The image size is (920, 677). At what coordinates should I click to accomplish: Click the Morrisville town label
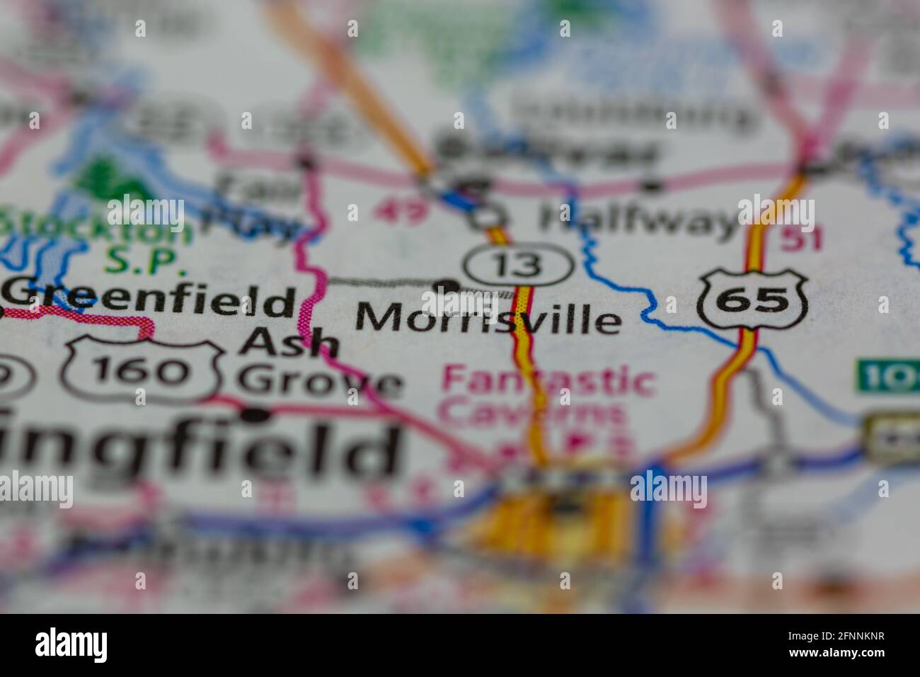488,319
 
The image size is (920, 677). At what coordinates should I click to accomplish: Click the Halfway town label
637,220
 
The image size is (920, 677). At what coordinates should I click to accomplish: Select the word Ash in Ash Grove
289,344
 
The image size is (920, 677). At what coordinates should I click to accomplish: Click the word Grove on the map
320,382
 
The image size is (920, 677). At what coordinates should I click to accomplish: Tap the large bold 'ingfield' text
198,448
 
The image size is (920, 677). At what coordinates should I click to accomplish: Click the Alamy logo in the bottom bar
71,645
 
